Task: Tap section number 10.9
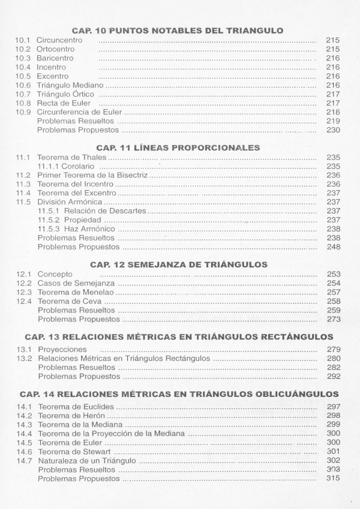[x=23, y=112]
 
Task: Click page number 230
[x=333, y=130]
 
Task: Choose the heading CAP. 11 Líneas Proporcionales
[x=178, y=147]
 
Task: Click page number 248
[x=333, y=247]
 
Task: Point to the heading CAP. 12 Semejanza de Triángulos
[x=178, y=264]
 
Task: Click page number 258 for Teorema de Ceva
[x=333, y=302]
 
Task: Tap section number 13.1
[x=23, y=350]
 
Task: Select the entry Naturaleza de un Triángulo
[x=87, y=460]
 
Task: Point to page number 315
[x=333, y=478]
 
